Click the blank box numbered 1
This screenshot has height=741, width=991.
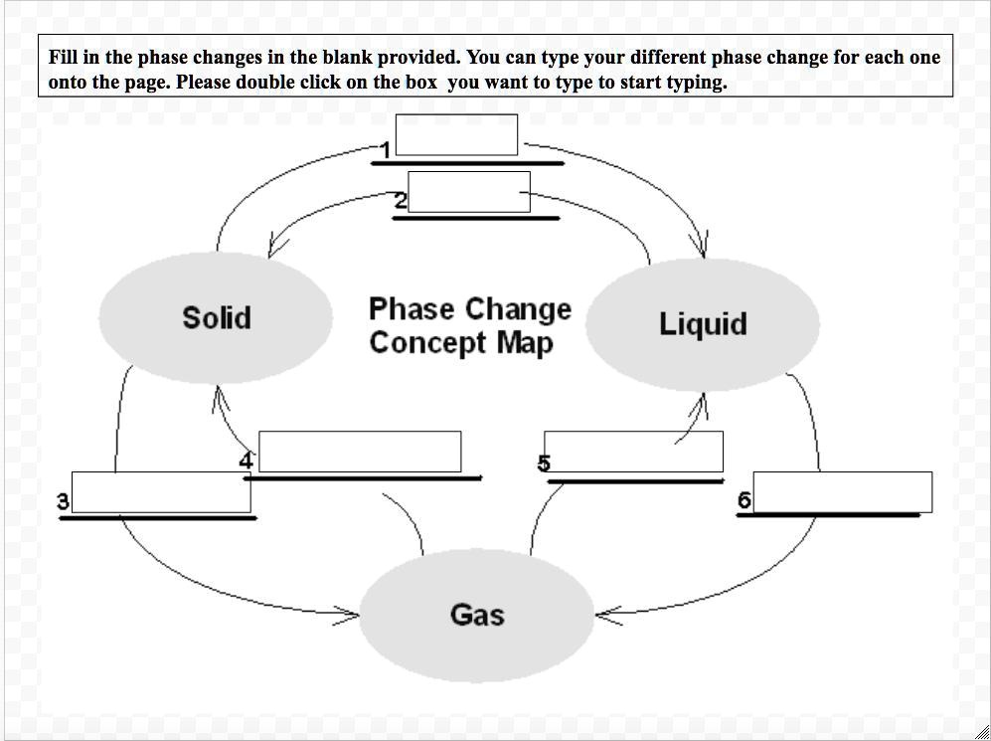[x=456, y=135]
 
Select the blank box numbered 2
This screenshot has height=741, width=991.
[x=469, y=192]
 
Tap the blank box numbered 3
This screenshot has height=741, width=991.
[x=161, y=492]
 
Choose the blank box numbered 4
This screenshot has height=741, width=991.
[x=360, y=452]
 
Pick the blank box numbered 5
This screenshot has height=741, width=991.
[x=633, y=452]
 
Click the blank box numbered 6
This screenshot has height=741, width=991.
[x=843, y=492]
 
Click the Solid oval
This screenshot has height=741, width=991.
[x=216, y=318]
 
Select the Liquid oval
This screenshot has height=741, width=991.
[x=703, y=324]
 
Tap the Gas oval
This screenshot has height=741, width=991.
[x=476, y=615]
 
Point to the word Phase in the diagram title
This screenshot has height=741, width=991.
[x=405, y=309]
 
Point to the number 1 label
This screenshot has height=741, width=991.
[x=386, y=151]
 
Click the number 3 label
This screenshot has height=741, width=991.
[x=64, y=501]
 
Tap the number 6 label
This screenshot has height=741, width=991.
[x=744, y=500]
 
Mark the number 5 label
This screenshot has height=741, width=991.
[x=544, y=463]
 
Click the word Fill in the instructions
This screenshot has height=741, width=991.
[x=63, y=58]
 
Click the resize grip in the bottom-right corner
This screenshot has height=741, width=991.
[x=982, y=732]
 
